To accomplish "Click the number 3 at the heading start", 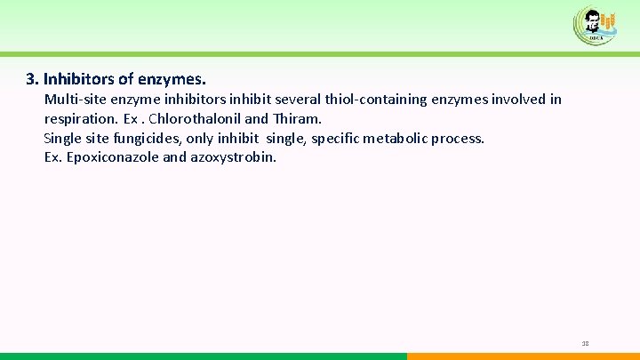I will point(30,79).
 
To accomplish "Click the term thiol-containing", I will point(385,100).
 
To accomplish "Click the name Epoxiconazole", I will point(109,158).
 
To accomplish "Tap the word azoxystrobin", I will point(234,158).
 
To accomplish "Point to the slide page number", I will point(585,343).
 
